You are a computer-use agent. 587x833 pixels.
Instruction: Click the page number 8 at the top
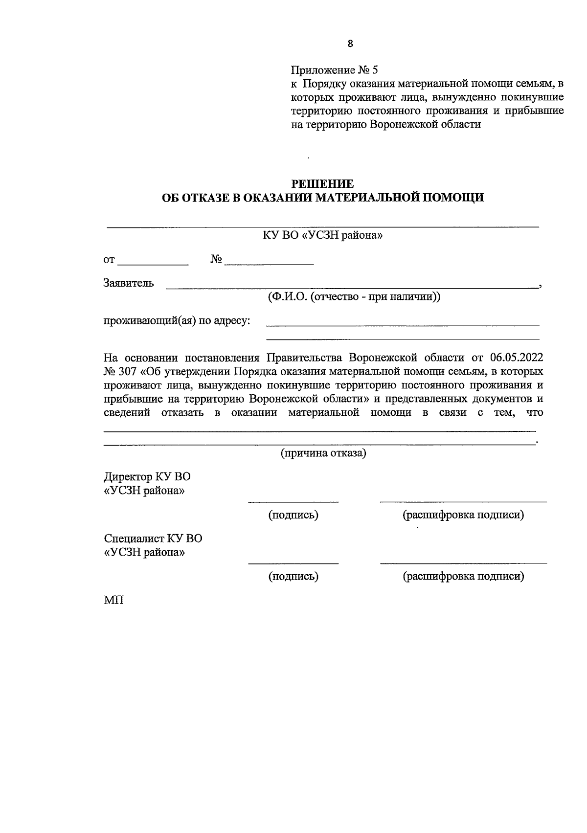(x=350, y=44)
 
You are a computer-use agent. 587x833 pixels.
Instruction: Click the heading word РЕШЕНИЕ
(x=322, y=184)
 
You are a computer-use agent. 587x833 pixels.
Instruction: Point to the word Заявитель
(x=129, y=283)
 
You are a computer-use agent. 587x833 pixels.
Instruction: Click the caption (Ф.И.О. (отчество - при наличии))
(x=354, y=297)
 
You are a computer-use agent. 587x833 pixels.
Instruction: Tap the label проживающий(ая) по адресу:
(x=177, y=321)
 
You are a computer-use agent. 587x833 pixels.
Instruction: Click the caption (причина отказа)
(x=323, y=453)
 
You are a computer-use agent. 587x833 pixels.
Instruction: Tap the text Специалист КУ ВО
(x=153, y=539)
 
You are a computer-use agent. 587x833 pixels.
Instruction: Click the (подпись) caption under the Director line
(x=293, y=515)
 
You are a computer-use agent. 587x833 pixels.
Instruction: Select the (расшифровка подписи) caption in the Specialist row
(x=463, y=576)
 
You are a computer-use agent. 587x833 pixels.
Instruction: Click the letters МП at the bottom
(x=113, y=600)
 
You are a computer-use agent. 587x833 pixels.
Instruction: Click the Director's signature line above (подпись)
(x=293, y=500)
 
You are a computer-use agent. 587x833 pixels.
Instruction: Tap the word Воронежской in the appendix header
(x=402, y=124)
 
